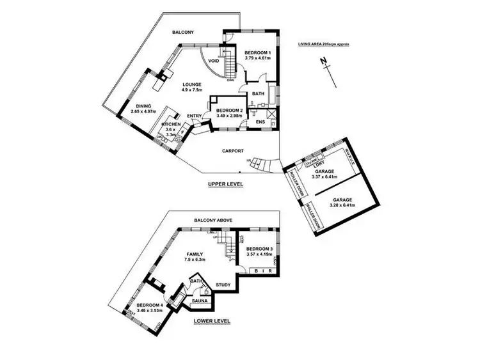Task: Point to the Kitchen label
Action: (171, 124)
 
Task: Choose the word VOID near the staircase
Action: (214, 61)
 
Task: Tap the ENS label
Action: (260, 121)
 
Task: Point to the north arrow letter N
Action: (324, 61)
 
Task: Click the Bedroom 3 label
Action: (259, 248)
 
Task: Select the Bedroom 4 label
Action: (150, 305)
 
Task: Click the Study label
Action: (222, 285)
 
